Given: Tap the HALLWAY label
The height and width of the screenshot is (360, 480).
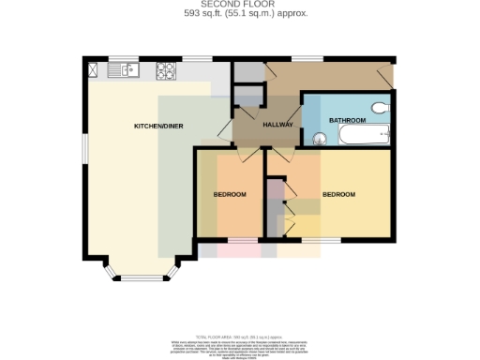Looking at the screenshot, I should pyautogui.click(x=278, y=125).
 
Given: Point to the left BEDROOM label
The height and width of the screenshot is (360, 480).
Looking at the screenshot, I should pyautogui.click(x=229, y=194).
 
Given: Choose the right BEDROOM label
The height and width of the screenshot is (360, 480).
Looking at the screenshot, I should pyautogui.click(x=338, y=194).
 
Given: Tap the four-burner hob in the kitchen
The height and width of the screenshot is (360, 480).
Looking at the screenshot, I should pyautogui.click(x=166, y=69).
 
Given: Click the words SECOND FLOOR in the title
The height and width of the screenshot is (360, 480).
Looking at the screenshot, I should pyautogui.click(x=240, y=6).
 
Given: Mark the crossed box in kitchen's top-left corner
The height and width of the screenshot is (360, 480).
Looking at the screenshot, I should pyautogui.click(x=94, y=68).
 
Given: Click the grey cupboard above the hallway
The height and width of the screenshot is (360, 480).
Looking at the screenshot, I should pyautogui.click(x=247, y=72).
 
